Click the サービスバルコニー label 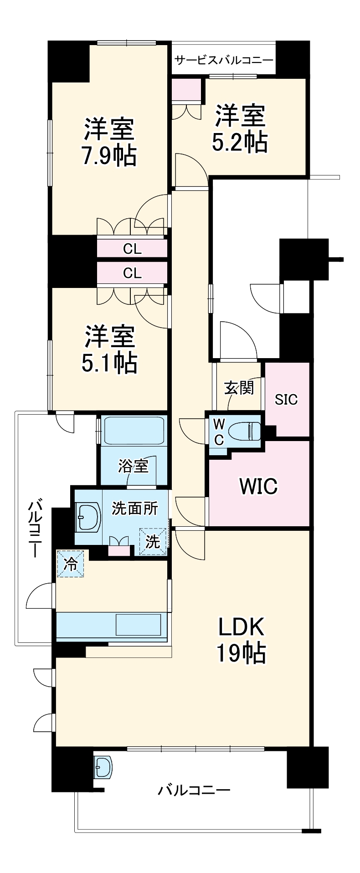click(224, 60)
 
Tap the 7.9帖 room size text click(109, 156)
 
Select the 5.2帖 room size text click(240, 142)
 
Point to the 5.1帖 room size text click(109, 362)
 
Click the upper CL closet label click(132, 249)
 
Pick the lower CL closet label click(132, 273)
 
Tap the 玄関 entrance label click(239, 388)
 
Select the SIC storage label click(286, 400)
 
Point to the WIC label click(258, 486)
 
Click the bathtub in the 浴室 click(134, 430)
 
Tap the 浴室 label click(133, 466)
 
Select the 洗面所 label click(135, 508)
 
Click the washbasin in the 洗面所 click(88, 517)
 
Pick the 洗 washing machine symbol click(153, 541)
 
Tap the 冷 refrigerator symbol click(70, 564)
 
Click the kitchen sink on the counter click(138, 624)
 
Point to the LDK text click(241, 627)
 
